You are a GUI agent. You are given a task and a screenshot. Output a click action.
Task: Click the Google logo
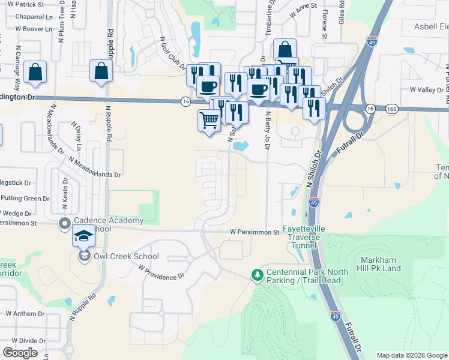pyautogui.click(x=20, y=353)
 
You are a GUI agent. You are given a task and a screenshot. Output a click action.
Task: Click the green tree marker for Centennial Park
pyautogui.click(x=258, y=274)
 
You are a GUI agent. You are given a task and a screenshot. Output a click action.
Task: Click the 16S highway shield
pyautogui.click(x=392, y=109)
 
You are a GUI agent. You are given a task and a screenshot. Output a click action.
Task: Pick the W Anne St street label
pyautogui.click(x=303, y=12)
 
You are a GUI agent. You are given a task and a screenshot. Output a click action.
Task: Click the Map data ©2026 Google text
pyautogui.click(x=412, y=355)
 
